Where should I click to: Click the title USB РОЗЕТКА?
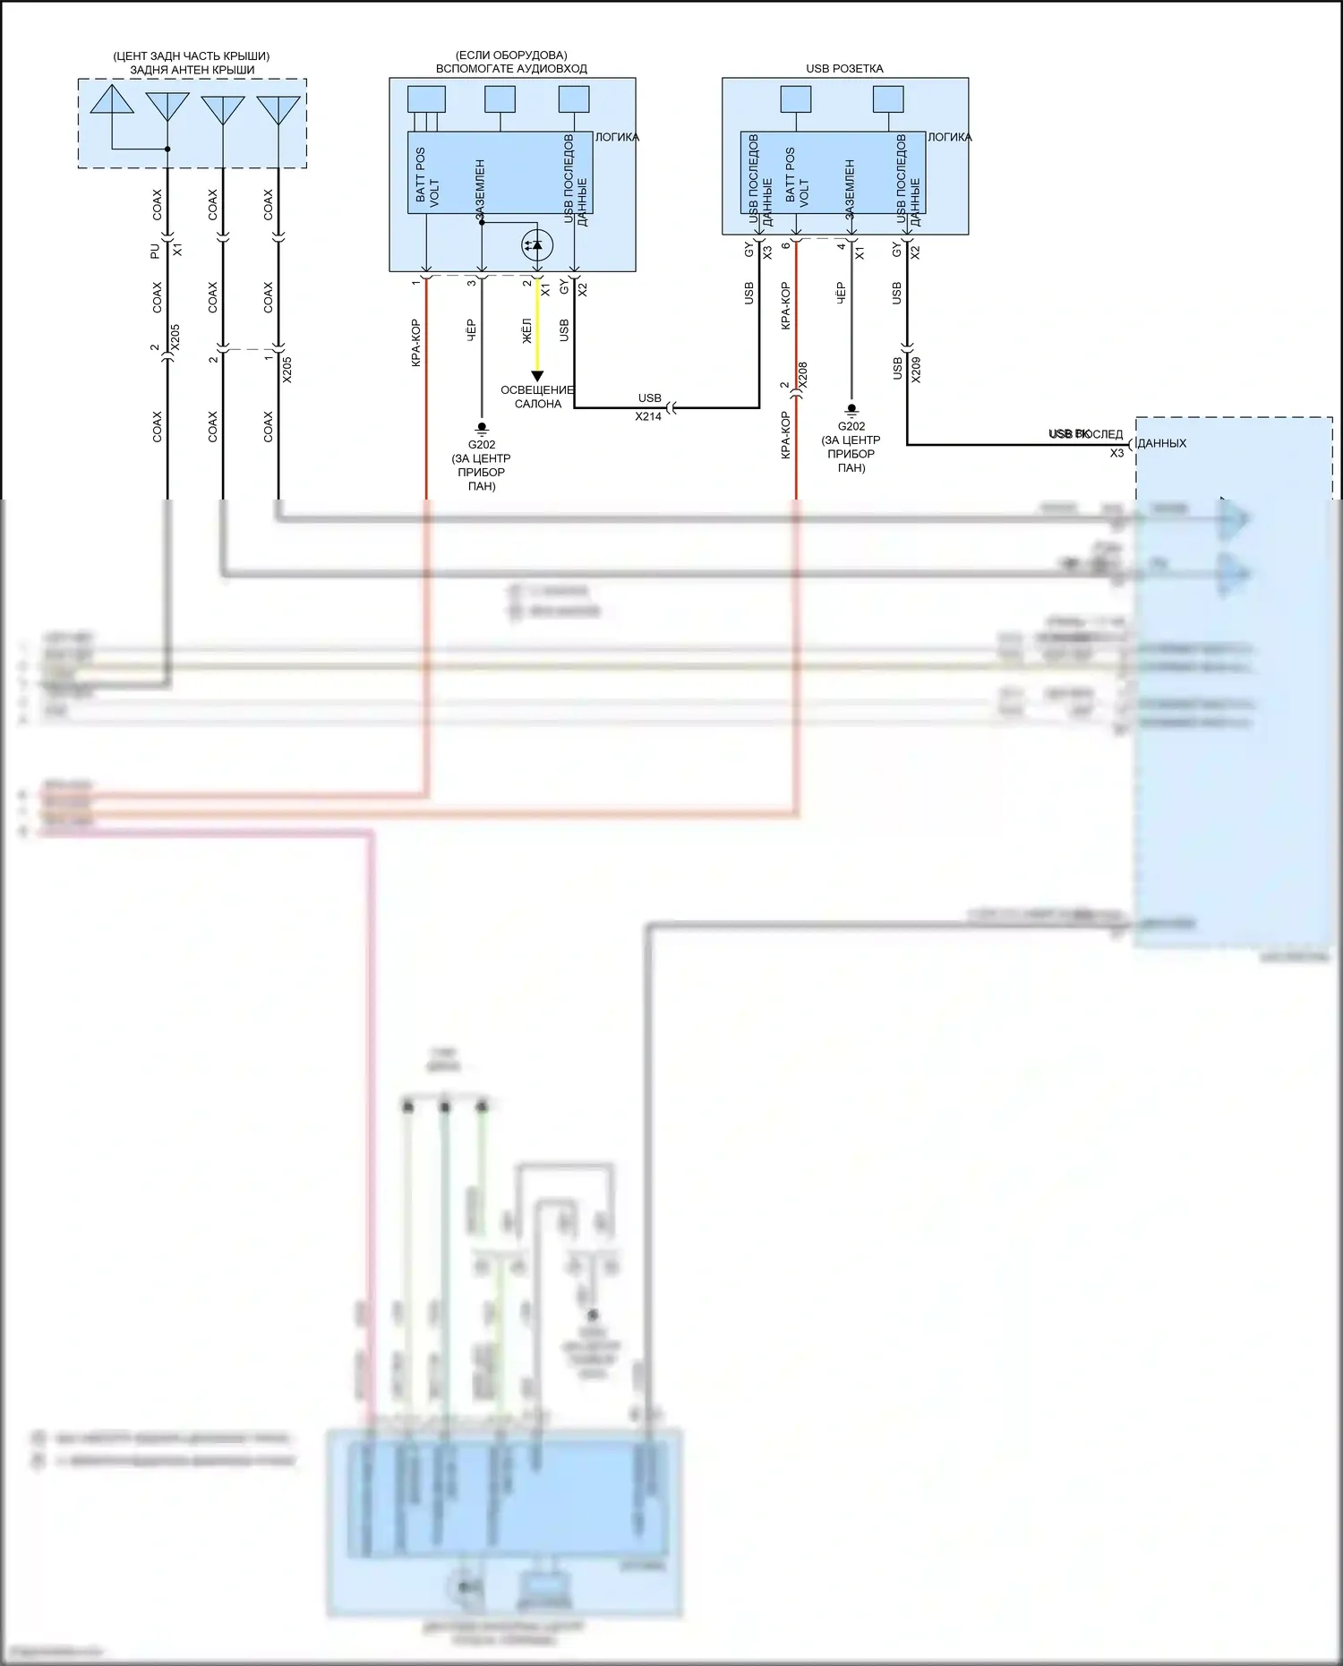click(844, 68)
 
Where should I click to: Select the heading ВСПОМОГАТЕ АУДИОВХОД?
click(511, 68)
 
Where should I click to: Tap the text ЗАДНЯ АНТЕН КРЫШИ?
click(192, 69)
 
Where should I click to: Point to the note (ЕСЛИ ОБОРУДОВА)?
click(511, 56)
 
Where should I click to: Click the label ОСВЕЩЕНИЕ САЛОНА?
click(537, 397)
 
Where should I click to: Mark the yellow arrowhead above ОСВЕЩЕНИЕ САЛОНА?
click(537, 376)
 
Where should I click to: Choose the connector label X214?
click(648, 416)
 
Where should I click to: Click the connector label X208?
click(802, 374)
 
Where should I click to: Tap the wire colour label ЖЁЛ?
click(526, 330)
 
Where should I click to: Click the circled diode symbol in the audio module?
click(536, 244)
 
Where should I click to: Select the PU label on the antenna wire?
click(155, 251)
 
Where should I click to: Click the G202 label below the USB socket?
click(851, 426)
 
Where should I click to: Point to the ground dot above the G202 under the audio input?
click(482, 427)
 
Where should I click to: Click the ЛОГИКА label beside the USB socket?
click(949, 137)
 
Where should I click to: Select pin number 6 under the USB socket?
click(785, 246)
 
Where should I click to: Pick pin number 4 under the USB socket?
click(841, 246)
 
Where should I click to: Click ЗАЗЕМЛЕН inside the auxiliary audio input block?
click(481, 189)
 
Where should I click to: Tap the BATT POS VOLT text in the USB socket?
click(796, 177)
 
